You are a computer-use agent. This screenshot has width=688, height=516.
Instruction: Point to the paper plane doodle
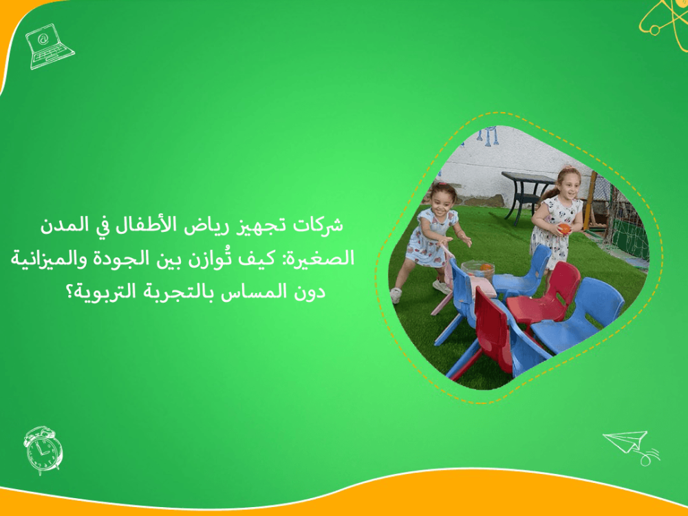630,444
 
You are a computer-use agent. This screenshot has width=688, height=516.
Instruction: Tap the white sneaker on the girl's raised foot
396,295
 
